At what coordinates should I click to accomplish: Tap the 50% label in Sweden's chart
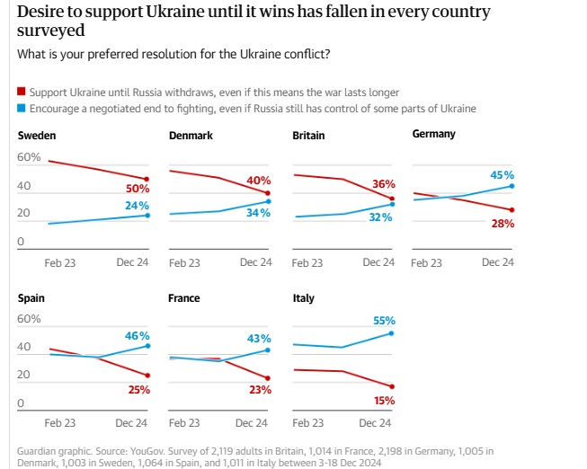click(138, 190)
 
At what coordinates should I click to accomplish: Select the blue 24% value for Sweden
click(138, 205)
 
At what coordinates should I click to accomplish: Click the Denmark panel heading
click(191, 136)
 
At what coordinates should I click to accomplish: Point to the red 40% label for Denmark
click(259, 181)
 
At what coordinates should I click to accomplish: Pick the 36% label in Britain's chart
click(384, 183)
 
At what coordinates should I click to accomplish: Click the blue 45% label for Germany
click(502, 175)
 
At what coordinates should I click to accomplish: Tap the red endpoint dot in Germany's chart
click(511, 210)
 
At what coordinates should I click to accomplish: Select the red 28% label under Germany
click(503, 223)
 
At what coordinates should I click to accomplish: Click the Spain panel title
click(31, 298)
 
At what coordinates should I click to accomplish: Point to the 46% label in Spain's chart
click(137, 335)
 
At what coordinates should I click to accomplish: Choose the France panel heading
click(184, 298)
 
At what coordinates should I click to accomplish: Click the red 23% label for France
click(260, 389)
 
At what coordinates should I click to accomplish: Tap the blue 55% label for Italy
click(383, 320)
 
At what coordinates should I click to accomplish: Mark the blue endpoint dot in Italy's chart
click(393, 333)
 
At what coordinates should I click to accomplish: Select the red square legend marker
click(22, 93)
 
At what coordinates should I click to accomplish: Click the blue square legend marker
click(22, 109)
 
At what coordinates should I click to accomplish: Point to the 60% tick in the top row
click(30, 158)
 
